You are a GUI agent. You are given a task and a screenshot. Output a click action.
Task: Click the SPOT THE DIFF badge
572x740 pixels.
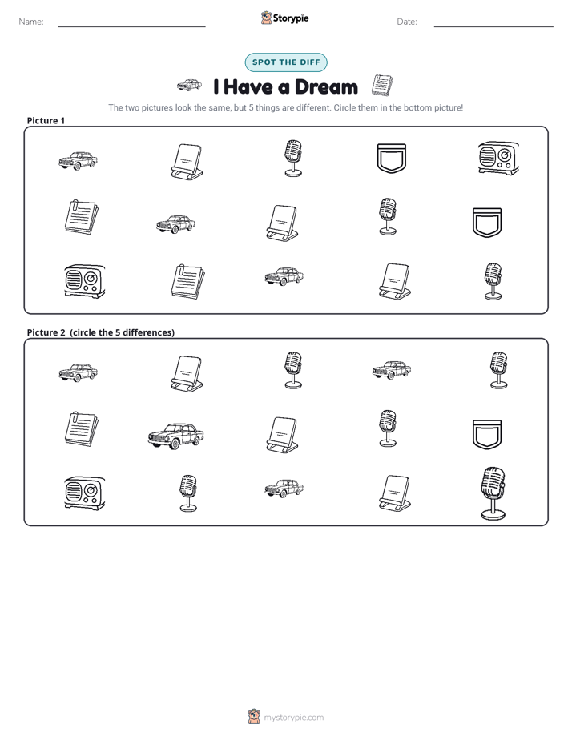[286, 62]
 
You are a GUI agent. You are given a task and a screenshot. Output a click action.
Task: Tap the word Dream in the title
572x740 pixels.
[326, 87]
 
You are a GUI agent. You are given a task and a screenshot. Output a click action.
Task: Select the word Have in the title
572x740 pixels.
[248, 87]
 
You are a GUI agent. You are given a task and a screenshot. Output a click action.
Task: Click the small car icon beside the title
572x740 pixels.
[189, 85]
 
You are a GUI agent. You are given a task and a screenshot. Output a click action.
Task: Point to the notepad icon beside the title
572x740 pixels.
[382, 85]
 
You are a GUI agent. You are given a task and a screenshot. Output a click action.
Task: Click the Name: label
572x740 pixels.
[31, 22]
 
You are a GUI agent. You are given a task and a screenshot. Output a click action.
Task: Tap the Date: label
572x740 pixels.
[407, 22]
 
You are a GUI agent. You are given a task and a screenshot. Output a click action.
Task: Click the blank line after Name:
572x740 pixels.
[131, 26]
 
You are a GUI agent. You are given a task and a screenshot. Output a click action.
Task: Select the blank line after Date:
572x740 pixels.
[493, 26]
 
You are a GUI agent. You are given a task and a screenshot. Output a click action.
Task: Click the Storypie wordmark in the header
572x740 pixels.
[291, 18]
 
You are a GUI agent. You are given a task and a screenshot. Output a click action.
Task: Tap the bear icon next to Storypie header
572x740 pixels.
[266, 18]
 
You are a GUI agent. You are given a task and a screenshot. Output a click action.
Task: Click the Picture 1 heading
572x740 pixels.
[46, 120]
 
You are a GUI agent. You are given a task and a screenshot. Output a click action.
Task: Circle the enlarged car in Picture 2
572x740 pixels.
[176, 435]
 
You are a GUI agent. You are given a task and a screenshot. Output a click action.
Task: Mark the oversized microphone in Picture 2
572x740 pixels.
[493, 493]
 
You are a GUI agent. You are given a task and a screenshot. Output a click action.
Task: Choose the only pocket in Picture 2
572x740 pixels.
[487, 434]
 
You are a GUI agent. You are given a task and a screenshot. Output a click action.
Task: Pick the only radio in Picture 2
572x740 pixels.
[85, 493]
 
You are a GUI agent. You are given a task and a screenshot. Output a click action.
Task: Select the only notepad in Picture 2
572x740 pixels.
[82, 429]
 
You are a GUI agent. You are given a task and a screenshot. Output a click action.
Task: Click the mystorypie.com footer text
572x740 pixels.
[293, 718]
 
